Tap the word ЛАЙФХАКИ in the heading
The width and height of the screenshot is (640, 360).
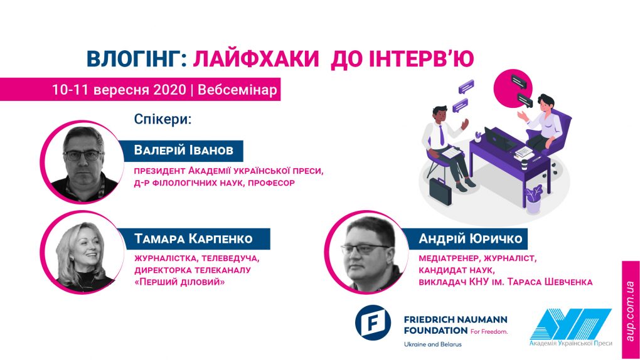pyautogui.click(x=255, y=58)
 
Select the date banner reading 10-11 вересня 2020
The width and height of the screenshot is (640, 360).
pyautogui.click(x=140, y=90)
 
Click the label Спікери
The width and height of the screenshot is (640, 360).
pyautogui.click(x=163, y=120)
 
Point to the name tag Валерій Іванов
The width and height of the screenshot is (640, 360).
pyautogui.click(x=183, y=150)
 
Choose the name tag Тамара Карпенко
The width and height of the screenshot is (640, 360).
pyautogui.click(x=193, y=238)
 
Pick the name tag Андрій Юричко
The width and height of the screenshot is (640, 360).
pyautogui.click(x=470, y=238)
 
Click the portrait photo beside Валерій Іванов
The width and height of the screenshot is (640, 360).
pyautogui.click(x=83, y=162)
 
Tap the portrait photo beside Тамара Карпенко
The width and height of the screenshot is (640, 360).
pyautogui.click(x=83, y=253)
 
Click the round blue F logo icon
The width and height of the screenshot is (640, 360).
pyautogui.click(x=373, y=322)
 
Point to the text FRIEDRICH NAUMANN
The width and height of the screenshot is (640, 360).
pyautogui.click(x=456, y=319)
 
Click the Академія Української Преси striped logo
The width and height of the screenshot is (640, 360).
pyautogui.click(x=570, y=327)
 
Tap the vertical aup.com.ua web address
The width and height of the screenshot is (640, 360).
pyautogui.click(x=630, y=311)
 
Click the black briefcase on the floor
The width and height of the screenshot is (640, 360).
pyautogui.click(x=440, y=191)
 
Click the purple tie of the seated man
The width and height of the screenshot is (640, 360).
pyautogui.click(x=441, y=135)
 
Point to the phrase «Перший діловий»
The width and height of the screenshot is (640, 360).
pyautogui.click(x=179, y=282)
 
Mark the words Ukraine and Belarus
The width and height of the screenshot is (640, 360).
pyautogui.click(x=433, y=344)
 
